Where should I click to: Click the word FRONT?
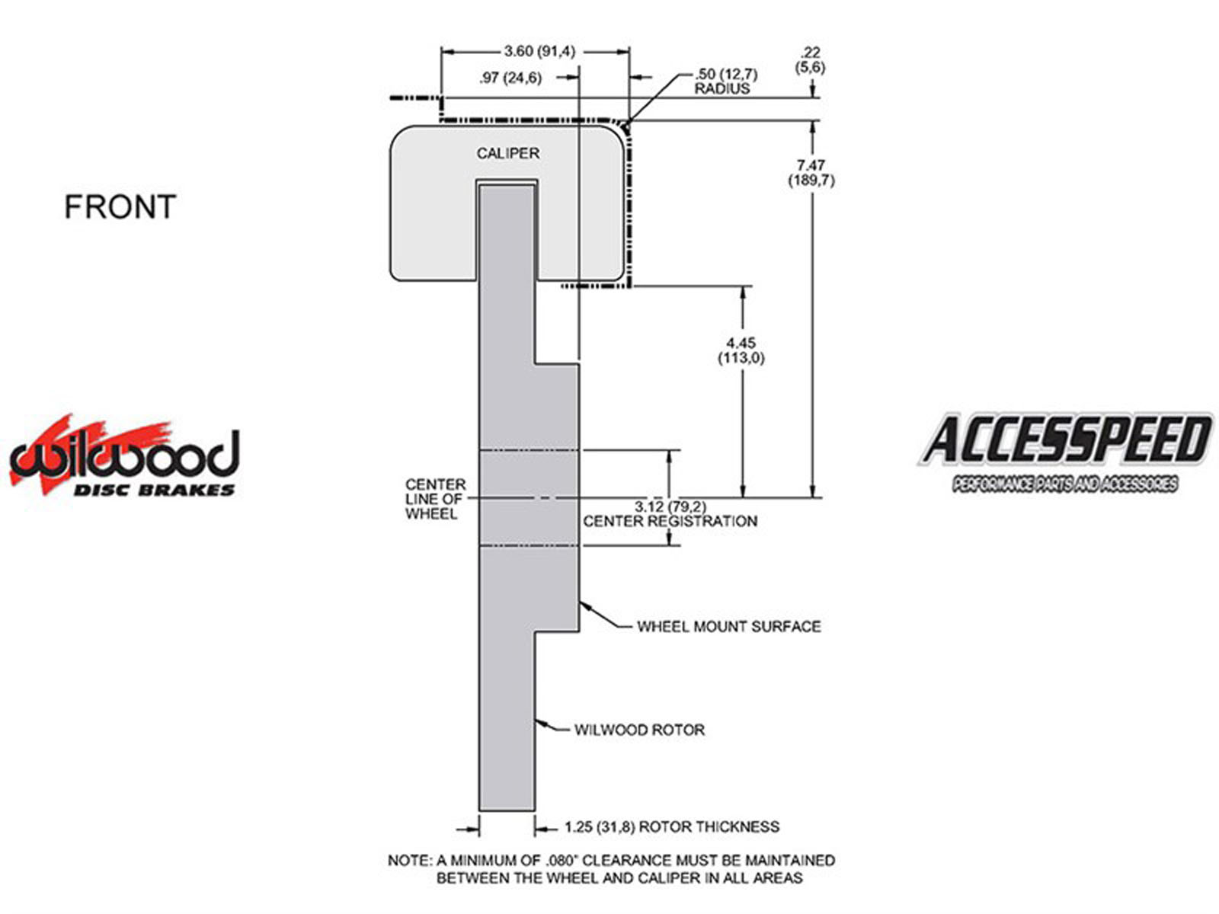(x=120, y=206)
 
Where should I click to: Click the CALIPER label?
(x=507, y=153)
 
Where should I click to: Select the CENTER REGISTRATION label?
(x=670, y=521)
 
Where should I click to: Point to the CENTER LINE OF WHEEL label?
(x=435, y=499)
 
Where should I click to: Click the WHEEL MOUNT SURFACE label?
(x=728, y=627)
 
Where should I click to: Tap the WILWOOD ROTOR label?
(x=639, y=729)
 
